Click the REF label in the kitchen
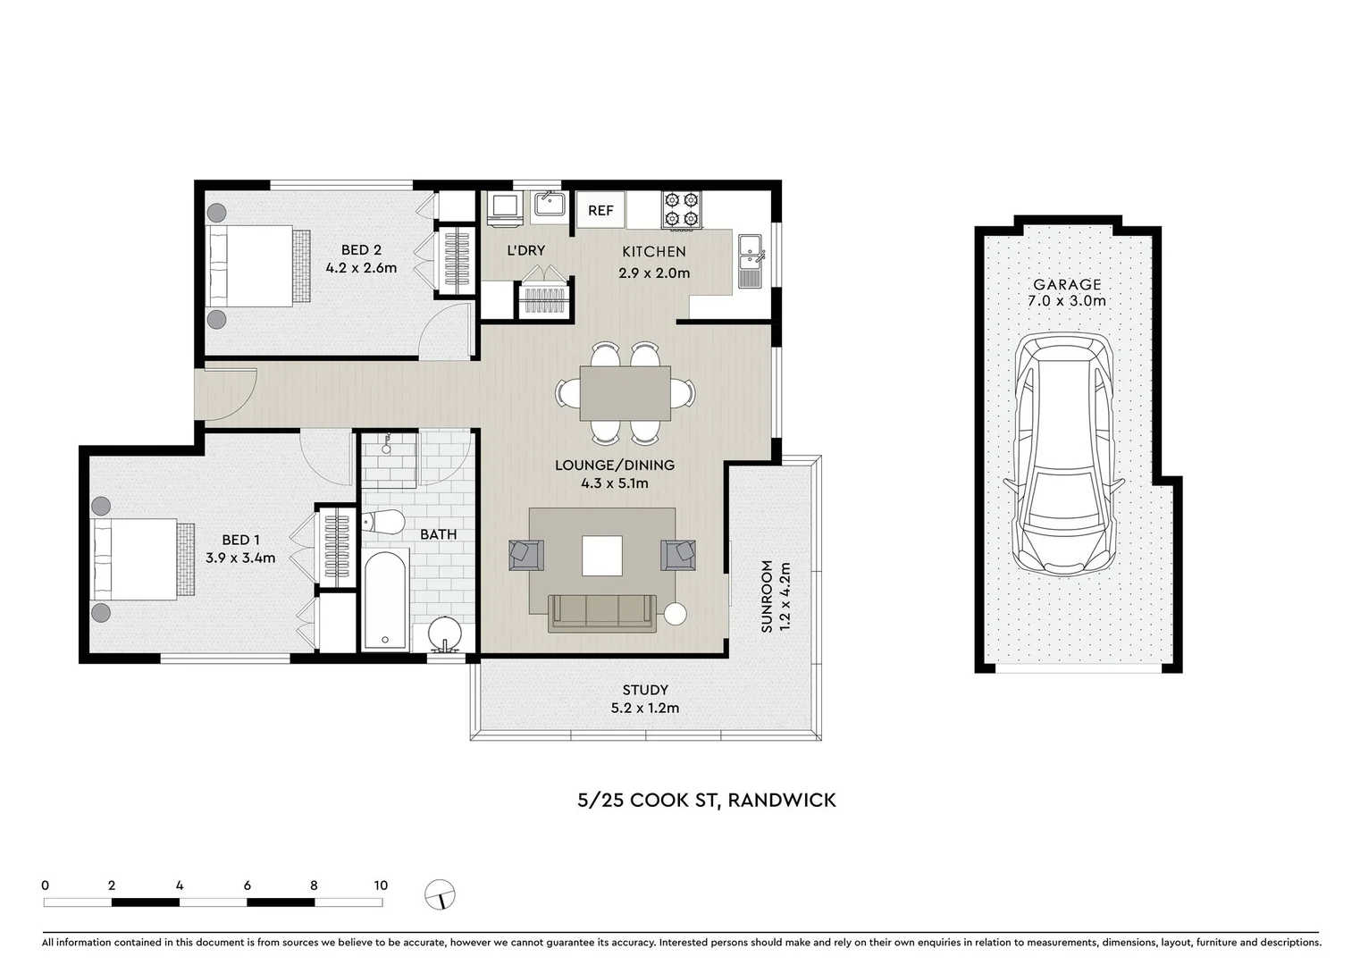(x=600, y=211)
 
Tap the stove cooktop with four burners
(x=681, y=210)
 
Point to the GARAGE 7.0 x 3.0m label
(x=1067, y=292)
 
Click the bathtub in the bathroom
(x=386, y=600)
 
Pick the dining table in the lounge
(x=625, y=393)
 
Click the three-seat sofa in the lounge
(x=602, y=612)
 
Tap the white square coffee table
(x=602, y=555)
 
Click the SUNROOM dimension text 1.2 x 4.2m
(x=785, y=596)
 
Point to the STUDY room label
(x=645, y=690)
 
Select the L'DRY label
(x=525, y=251)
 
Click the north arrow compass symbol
(x=441, y=894)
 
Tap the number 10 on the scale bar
(x=381, y=885)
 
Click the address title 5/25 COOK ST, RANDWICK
(x=706, y=800)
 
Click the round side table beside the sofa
(x=676, y=614)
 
